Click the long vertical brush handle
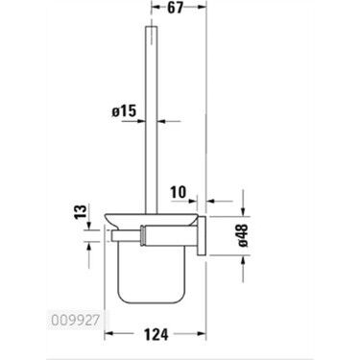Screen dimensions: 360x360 [150, 125]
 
